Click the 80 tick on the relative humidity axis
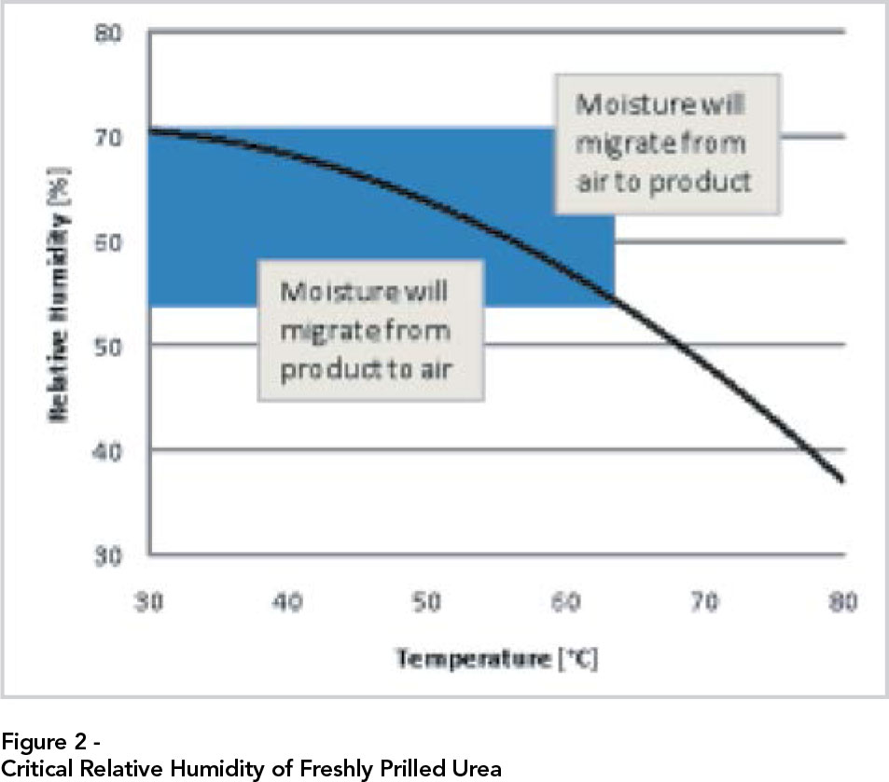tap(110, 35)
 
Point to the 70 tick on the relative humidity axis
tap(110, 139)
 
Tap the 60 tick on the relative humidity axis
tap(110, 243)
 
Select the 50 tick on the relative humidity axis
tap(110, 347)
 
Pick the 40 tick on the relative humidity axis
tap(110, 451)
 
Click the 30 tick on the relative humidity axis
tap(110, 556)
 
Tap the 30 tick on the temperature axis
tap(150, 602)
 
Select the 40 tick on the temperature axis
tap(288, 602)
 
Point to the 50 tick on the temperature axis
tap(427, 602)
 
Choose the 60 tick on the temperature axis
tap(566, 602)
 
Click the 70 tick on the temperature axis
tap(704, 602)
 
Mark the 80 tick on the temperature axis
tap(843, 602)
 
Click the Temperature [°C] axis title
tap(496, 659)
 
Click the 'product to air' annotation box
tap(370, 330)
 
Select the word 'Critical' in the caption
tap(31, 769)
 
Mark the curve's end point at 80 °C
tap(843, 481)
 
